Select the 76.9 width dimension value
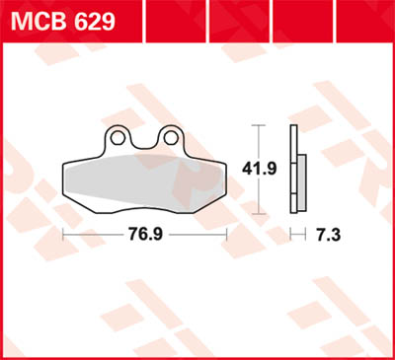[x=145, y=235]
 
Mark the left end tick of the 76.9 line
[x=64, y=235]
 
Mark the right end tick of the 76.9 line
[x=227, y=235]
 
